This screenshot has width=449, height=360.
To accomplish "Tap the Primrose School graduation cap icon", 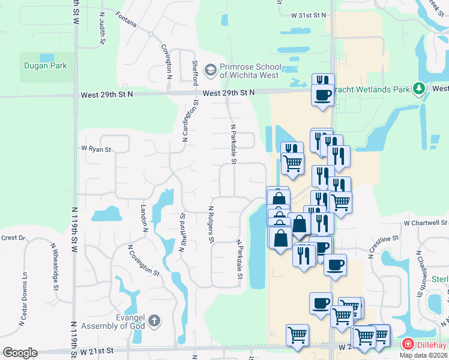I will (210, 71).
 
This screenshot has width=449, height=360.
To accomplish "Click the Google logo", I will (20, 353).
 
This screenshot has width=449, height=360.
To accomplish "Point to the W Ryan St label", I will (97, 149).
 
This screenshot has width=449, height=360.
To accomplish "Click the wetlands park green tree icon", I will (419, 89).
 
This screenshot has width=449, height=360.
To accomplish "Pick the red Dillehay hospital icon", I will (408, 344).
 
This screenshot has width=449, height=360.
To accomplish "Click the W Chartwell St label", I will (426, 223).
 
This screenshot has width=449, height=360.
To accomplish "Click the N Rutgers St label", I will (211, 225).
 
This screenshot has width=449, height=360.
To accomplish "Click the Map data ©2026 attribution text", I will (423, 355).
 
